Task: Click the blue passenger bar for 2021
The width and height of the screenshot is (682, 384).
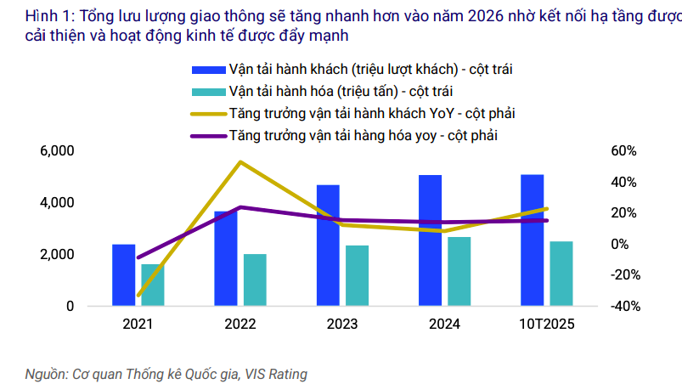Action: (x=124, y=274)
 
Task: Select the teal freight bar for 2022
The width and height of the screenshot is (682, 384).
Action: (x=255, y=280)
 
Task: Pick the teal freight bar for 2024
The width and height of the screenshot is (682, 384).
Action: (x=459, y=271)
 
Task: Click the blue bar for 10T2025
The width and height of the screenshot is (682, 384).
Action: (x=533, y=240)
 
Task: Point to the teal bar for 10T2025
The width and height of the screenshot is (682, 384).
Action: (x=561, y=274)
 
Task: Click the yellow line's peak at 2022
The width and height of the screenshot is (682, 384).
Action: (x=241, y=161)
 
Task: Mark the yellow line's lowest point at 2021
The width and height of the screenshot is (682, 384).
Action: (x=138, y=296)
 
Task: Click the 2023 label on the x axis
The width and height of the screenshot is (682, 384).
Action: (x=342, y=325)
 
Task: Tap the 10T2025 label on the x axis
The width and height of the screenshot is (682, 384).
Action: (x=546, y=325)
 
